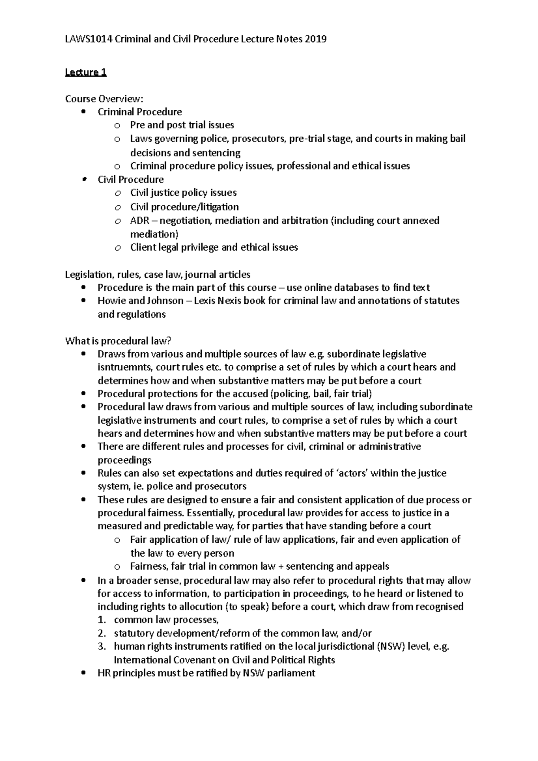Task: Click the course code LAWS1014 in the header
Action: (88, 39)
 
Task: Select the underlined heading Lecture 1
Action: (86, 72)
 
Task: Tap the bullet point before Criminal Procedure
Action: (84, 112)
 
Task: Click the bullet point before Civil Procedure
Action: (84, 179)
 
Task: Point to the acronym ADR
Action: (139, 221)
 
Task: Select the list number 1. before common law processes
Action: (102, 620)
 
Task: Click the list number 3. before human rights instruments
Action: (102, 647)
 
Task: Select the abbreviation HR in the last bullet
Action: (104, 673)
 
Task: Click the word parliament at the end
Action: (291, 673)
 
